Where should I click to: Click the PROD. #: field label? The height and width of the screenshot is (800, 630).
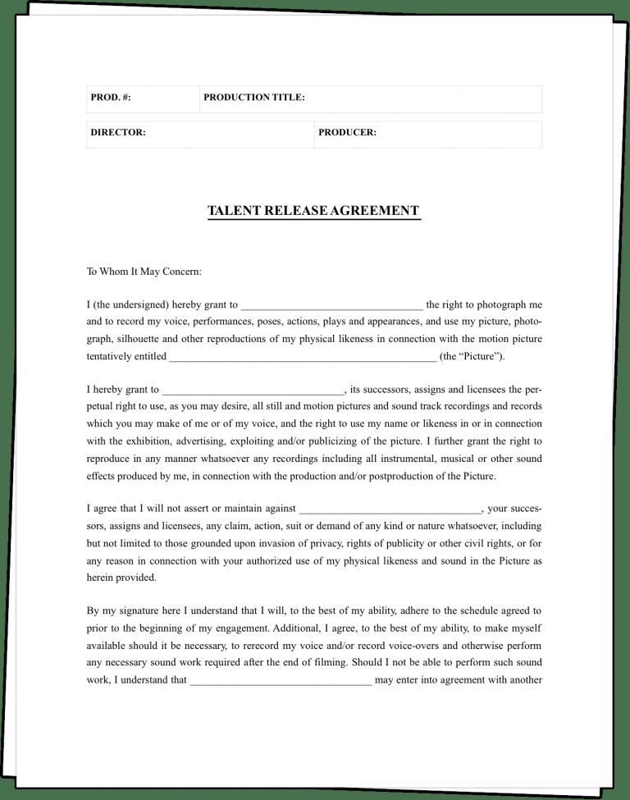point(111,98)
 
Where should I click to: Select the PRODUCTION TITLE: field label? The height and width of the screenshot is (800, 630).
point(254,98)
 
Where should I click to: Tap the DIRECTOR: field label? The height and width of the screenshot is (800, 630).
point(118,133)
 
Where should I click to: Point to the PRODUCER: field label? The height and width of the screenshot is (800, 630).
point(347,133)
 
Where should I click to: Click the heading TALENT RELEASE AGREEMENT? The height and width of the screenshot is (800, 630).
point(313,211)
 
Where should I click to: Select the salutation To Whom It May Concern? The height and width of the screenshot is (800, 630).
point(144,272)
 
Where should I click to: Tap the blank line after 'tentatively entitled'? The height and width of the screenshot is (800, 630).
point(302,357)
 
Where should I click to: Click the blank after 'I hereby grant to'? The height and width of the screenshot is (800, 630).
point(253,391)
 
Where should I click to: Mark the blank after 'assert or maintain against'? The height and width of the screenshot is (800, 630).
point(390,510)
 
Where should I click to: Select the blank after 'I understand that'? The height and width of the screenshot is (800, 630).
point(281,680)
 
